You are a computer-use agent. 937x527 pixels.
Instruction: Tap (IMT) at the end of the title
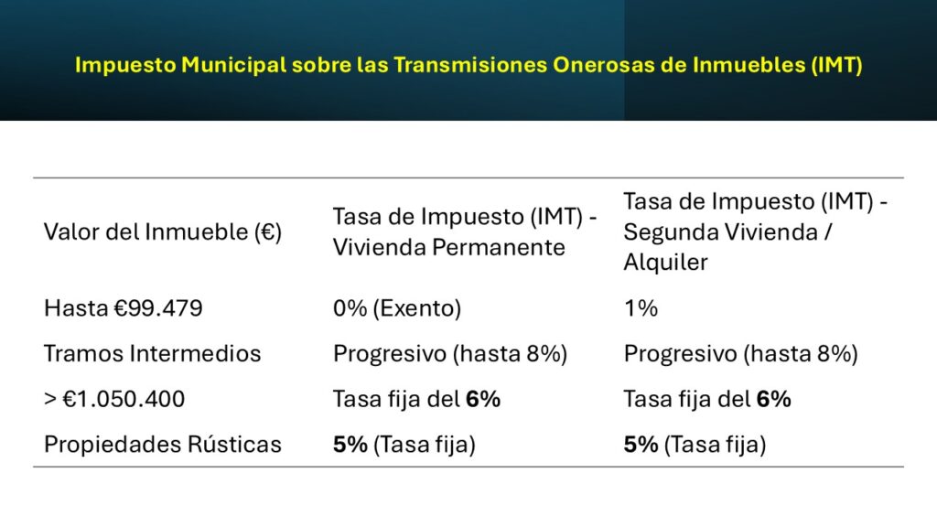(836, 66)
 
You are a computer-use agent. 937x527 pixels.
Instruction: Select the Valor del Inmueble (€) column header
(163, 232)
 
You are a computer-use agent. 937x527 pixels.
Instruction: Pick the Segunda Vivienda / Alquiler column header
(755, 232)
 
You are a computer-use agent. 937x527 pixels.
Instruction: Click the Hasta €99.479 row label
(124, 308)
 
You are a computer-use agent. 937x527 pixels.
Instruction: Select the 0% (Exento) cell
(397, 308)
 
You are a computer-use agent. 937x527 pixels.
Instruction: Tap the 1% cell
(641, 308)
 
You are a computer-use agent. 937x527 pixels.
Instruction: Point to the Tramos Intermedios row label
(153, 354)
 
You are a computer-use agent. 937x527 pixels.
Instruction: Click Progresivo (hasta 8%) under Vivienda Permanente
(450, 354)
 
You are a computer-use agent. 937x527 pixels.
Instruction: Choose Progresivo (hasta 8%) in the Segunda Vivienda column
(740, 354)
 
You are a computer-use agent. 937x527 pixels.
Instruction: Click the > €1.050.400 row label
(114, 400)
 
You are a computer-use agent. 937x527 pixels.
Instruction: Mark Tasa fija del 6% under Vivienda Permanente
(416, 400)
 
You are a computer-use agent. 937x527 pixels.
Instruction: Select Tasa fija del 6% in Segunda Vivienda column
(707, 400)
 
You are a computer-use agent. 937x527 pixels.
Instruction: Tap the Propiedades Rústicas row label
(163, 446)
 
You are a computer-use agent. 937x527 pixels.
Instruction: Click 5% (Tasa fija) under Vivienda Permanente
(404, 446)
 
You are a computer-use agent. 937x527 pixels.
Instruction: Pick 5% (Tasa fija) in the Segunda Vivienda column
(695, 446)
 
